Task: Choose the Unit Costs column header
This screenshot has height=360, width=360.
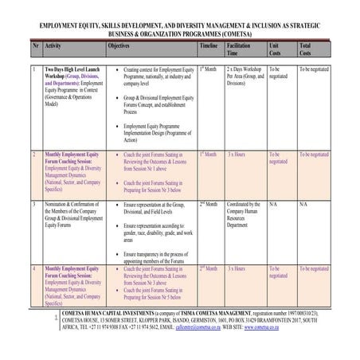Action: coord(276,50)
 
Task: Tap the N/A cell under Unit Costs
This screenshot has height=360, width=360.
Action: coord(274,204)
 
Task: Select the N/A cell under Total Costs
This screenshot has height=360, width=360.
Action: coord(303,204)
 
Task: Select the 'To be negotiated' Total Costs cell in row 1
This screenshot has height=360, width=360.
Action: coord(314,70)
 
